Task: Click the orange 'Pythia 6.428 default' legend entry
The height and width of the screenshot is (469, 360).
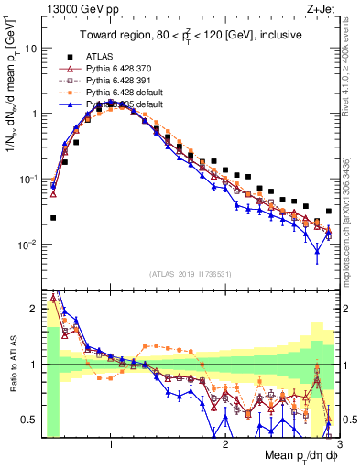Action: click(x=125, y=92)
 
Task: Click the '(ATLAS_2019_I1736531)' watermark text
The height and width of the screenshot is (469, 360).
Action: click(x=191, y=273)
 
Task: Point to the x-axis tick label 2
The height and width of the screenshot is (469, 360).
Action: click(x=225, y=445)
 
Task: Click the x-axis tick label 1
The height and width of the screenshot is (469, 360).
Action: click(x=111, y=445)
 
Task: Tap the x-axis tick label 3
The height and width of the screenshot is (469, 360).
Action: click(x=338, y=445)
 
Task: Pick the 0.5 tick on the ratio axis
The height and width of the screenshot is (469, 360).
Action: click(x=33, y=420)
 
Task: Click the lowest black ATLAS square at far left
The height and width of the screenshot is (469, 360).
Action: click(x=53, y=218)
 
